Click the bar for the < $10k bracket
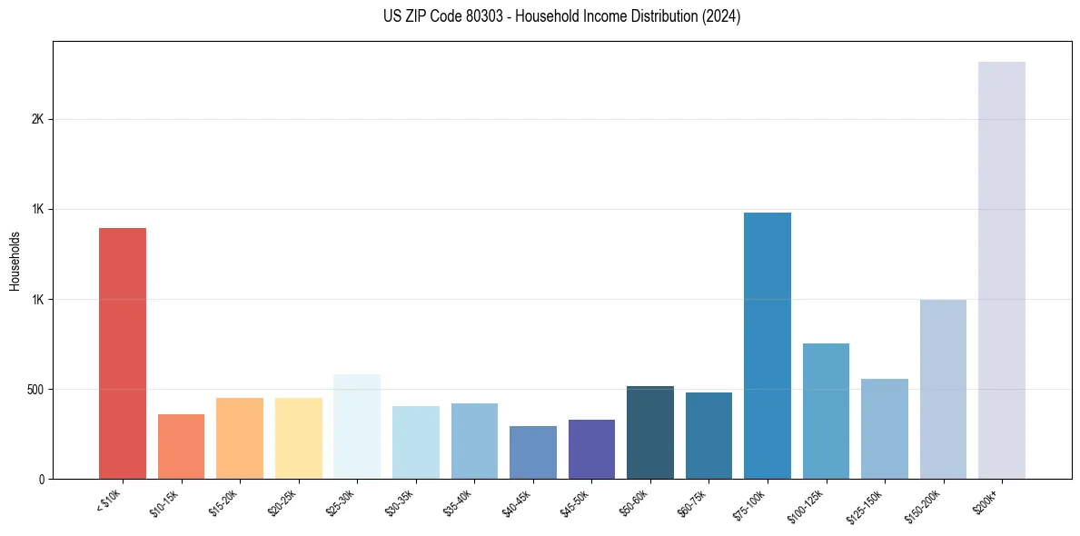coord(123,354)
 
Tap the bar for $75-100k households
coord(768,346)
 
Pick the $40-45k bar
coord(533,452)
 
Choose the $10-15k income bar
coord(181,447)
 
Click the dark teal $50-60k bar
coord(650,432)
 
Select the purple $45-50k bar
coord(591,450)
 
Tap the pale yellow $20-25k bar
coord(299,439)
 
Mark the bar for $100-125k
coord(826,411)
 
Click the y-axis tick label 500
coord(35,390)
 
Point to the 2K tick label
coord(37,120)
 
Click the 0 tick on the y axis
coord(41,479)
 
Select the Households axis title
coord(15,261)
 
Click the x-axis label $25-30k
coord(342,501)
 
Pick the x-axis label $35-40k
coord(459,501)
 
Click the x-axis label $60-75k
coord(693,501)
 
